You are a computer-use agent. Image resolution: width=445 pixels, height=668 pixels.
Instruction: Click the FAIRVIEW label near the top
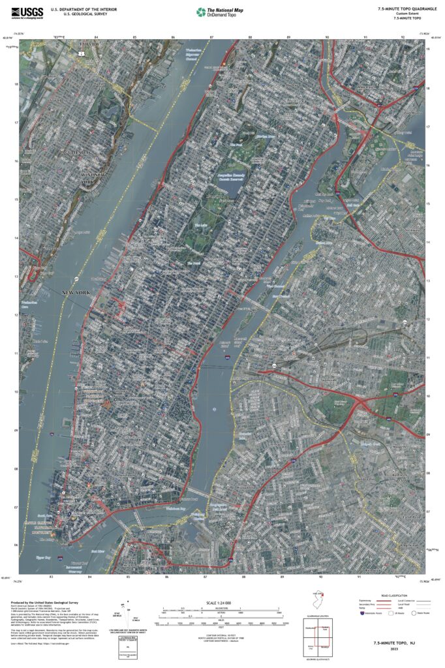click(84, 45)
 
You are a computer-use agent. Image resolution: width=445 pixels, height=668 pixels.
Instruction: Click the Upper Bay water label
click(43, 558)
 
